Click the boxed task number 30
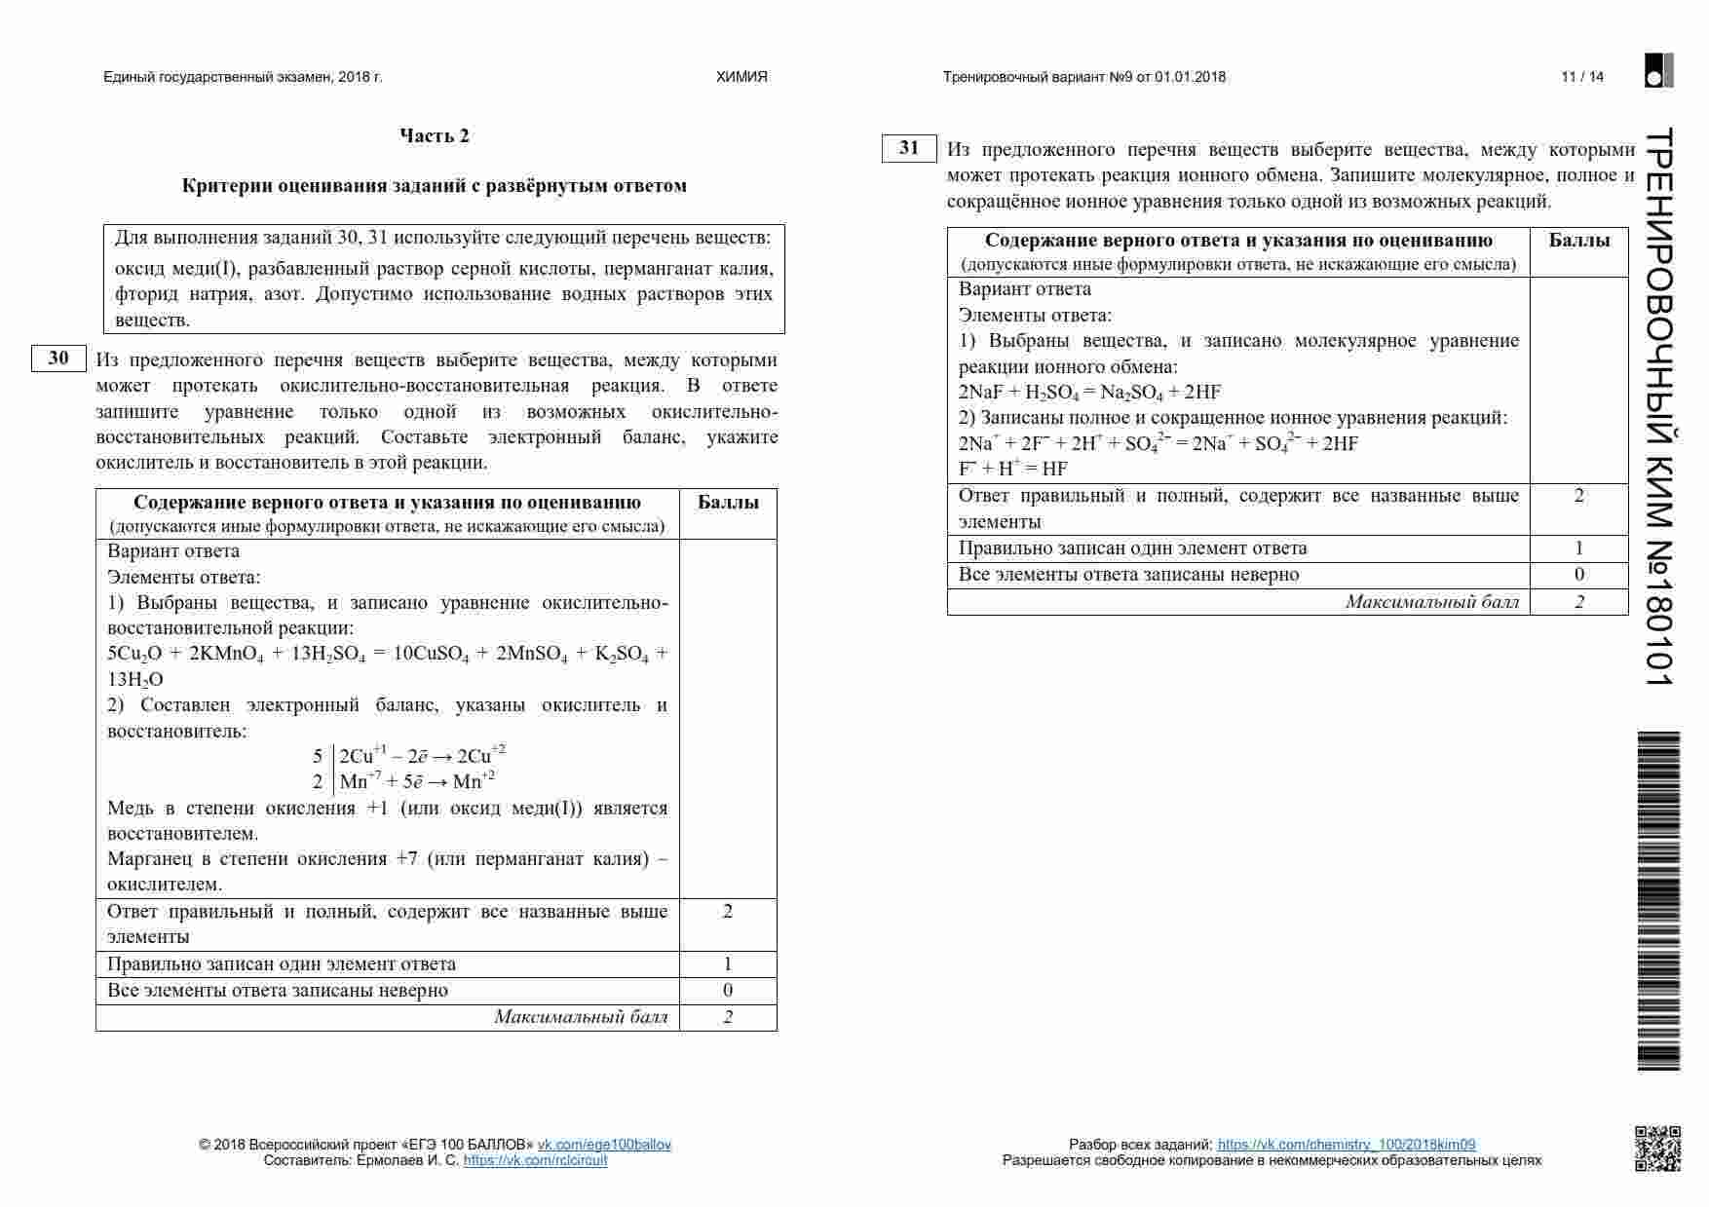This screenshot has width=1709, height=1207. click(x=58, y=358)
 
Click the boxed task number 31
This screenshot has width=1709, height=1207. click(x=909, y=148)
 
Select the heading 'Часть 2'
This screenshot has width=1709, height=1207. click(x=435, y=136)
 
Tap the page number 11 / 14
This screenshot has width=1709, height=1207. click(x=1582, y=77)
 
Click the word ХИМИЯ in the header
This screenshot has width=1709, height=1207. click(x=741, y=77)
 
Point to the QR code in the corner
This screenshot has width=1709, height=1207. click(x=1657, y=1148)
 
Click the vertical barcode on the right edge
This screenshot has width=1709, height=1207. click(x=1657, y=901)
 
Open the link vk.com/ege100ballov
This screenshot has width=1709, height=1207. click(x=604, y=1145)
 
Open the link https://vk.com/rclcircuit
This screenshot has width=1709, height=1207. click(x=535, y=1160)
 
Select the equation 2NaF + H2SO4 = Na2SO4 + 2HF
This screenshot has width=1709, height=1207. click(x=1089, y=393)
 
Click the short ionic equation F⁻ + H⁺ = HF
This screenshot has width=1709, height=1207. click(x=1013, y=469)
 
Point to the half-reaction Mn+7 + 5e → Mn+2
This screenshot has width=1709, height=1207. click(x=417, y=781)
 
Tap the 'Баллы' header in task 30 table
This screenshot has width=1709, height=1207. click(x=728, y=503)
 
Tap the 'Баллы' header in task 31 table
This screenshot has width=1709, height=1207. click(x=1578, y=241)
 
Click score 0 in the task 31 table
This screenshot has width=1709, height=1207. click(x=1578, y=575)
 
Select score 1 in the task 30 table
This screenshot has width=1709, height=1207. click(x=728, y=964)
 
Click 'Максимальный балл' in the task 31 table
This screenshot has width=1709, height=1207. click(x=1431, y=602)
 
